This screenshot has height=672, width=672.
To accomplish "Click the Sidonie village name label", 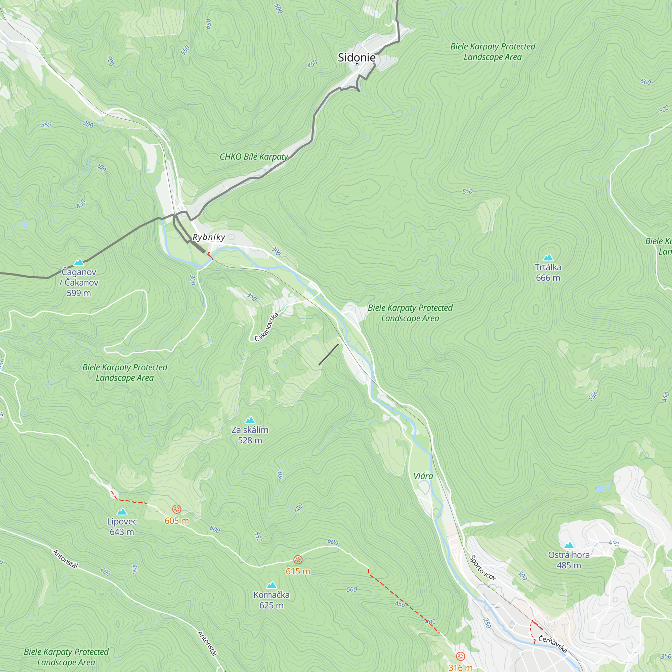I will pyautogui.click(x=356, y=57).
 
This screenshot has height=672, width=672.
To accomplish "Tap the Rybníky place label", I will pyautogui.click(x=209, y=237).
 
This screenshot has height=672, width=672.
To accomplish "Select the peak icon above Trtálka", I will pyautogui.click(x=548, y=257).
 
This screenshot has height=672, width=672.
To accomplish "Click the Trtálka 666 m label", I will pyautogui.click(x=548, y=273).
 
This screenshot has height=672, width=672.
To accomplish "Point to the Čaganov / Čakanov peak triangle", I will pyautogui.click(x=79, y=262).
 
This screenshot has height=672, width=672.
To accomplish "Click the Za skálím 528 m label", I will pyautogui.click(x=250, y=435).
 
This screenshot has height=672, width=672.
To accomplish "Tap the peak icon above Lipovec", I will pyautogui.click(x=122, y=512).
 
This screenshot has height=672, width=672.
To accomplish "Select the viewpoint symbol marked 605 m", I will pyautogui.click(x=177, y=510).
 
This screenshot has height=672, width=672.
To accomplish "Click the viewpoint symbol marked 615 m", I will pyautogui.click(x=298, y=560).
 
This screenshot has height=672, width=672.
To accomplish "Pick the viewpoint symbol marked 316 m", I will pyautogui.click(x=461, y=656).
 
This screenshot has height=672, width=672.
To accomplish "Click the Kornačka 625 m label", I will pyautogui.click(x=271, y=600).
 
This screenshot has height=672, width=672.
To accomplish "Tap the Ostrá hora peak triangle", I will pyautogui.click(x=569, y=545).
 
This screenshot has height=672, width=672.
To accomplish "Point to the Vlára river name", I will pyautogui.click(x=423, y=476).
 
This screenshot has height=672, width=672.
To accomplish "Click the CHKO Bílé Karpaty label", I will pyautogui.click(x=254, y=157).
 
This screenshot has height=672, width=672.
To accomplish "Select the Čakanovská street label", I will pyautogui.click(x=266, y=327).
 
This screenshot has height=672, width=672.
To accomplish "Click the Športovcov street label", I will pyautogui.click(x=482, y=568).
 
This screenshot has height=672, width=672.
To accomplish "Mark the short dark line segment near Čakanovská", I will pyautogui.click(x=328, y=354).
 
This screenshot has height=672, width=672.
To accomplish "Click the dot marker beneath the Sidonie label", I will pyautogui.click(x=356, y=64).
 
